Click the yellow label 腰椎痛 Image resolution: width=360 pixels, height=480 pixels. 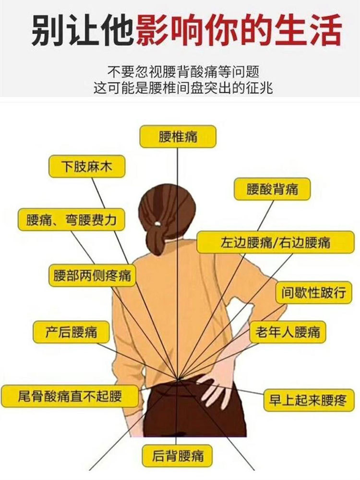178,136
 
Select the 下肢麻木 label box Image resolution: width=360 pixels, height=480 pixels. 87,166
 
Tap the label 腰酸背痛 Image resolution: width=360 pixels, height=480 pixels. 272,189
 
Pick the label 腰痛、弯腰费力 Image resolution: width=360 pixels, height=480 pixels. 72,219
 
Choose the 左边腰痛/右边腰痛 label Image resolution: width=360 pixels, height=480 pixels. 275,242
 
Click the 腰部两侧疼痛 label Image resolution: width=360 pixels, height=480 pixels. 92,275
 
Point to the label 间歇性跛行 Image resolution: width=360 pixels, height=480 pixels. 314,292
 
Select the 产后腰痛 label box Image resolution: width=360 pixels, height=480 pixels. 71,332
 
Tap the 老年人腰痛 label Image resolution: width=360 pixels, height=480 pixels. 288,332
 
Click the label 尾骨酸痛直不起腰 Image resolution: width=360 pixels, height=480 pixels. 70,396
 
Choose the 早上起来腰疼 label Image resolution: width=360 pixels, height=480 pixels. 309,400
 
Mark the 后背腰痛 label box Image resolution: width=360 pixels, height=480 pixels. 177,456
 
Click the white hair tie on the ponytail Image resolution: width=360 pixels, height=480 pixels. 157,224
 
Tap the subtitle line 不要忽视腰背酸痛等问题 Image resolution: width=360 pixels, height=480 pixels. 183,72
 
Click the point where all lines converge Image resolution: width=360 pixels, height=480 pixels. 178,379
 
